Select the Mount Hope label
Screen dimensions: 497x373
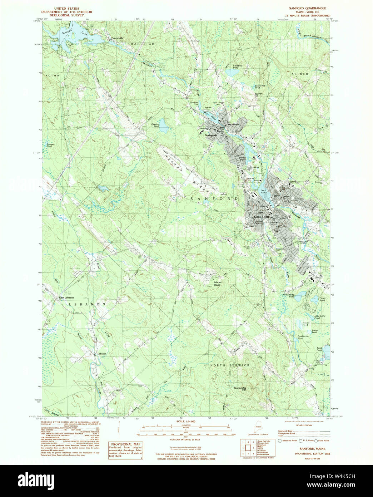tap(218, 283)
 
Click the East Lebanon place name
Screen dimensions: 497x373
tap(66, 297)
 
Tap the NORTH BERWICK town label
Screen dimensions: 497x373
tap(230, 365)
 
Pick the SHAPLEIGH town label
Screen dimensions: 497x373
tap(141, 44)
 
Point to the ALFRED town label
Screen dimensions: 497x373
tap(300, 74)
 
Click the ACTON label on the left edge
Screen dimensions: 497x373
tap(52, 76)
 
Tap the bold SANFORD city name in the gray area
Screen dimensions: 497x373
tap(261, 217)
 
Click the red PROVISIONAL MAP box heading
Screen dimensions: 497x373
tap(125, 444)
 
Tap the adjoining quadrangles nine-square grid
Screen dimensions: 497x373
tap(248, 447)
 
